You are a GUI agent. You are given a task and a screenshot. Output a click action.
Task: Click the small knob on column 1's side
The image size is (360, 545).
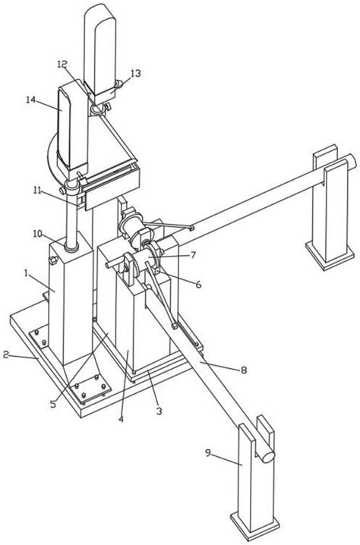[52, 260]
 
